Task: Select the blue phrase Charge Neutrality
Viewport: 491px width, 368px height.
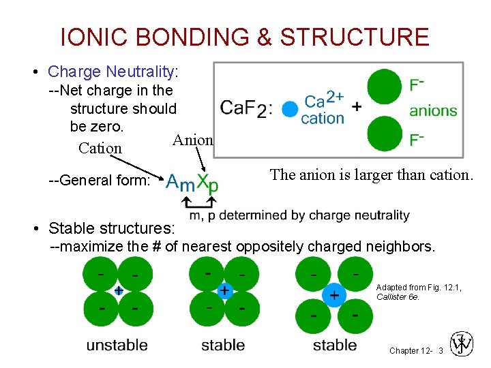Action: point(111,72)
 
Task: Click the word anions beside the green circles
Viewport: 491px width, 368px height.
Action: point(433,110)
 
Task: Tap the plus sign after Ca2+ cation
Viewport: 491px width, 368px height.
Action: point(356,108)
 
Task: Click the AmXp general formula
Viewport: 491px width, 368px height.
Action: point(193,182)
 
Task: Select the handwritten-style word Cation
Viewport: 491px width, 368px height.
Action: point(100,148)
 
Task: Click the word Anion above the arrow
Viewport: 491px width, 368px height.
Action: point(192,140)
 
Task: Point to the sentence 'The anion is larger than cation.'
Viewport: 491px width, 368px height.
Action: point(371,174)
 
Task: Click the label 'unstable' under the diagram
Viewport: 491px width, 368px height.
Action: point(117,345)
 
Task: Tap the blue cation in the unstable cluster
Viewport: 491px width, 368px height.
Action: point(118,290)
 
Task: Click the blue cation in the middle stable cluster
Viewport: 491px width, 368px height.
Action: point(224,291)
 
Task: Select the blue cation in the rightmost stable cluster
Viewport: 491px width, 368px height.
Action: point(334,295)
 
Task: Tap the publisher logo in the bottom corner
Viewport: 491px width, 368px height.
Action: point(462,343)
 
